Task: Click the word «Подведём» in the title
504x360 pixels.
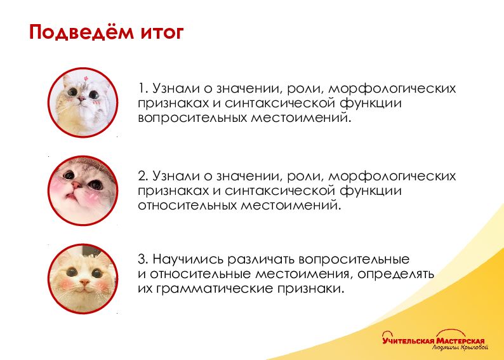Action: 82,32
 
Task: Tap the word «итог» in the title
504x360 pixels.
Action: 162,33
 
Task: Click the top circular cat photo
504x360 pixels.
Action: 83,102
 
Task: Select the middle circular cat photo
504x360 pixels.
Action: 83,190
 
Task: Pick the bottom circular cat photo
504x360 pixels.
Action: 83,279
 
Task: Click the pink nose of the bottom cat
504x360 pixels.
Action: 84,283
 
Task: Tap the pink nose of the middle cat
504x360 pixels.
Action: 76,185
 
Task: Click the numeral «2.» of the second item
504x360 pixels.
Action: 143,176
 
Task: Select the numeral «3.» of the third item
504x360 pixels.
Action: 143,259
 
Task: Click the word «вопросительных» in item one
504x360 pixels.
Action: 192,117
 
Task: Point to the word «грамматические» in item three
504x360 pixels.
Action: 215,289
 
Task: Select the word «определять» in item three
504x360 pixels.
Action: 395,274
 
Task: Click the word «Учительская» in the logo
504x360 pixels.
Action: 408,341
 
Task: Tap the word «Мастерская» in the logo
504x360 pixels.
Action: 460,341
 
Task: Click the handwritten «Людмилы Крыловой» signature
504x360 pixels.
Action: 460,348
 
